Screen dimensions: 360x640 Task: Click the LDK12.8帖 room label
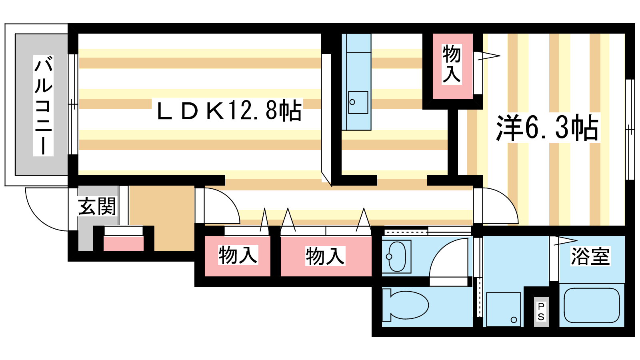229,111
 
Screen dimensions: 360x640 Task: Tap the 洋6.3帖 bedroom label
547,128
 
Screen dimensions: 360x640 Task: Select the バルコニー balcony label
43,106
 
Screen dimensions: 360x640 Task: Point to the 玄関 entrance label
97,206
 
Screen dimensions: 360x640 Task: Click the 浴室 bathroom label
590,256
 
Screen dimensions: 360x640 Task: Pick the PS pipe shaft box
541,312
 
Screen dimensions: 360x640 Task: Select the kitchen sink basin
358,102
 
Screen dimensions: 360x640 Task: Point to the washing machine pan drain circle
514,320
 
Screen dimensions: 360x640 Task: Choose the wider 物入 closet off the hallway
325,256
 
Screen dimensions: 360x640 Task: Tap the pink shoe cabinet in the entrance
124,243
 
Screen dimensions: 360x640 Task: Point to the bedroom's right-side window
630,130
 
